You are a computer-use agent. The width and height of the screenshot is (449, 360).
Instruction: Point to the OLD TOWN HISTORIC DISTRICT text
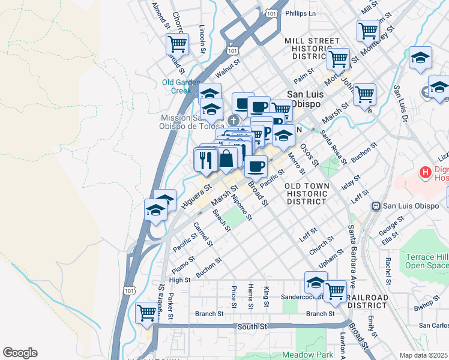tap(307, 194)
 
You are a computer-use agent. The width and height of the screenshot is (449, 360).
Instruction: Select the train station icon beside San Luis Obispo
tap(376, 206)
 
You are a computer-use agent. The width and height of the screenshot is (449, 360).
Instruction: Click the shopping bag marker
tap(227, 160)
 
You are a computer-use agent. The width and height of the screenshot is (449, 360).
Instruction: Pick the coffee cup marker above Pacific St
tap(256, 166)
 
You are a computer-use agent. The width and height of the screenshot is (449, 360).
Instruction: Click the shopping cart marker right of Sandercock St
tap(335, 291)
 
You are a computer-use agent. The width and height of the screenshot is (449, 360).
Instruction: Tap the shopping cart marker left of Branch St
tap(146, 313)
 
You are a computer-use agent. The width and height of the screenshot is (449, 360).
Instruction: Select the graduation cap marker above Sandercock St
tap(316, 282)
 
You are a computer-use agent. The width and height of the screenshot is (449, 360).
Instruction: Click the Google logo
tap(20, 353)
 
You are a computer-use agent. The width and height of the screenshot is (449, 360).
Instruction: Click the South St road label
tap(252, 326)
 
